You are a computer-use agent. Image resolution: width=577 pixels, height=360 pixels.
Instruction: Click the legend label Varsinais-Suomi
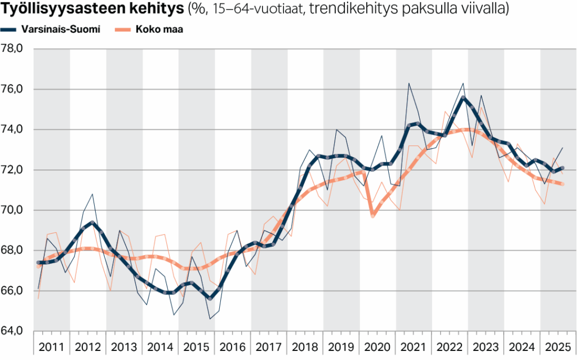[x=61, y=30]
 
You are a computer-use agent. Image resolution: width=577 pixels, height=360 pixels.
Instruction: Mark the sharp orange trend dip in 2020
[x=372, y=216]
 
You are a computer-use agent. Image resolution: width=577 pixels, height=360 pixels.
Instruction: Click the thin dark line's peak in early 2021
[x=409, y=83]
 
